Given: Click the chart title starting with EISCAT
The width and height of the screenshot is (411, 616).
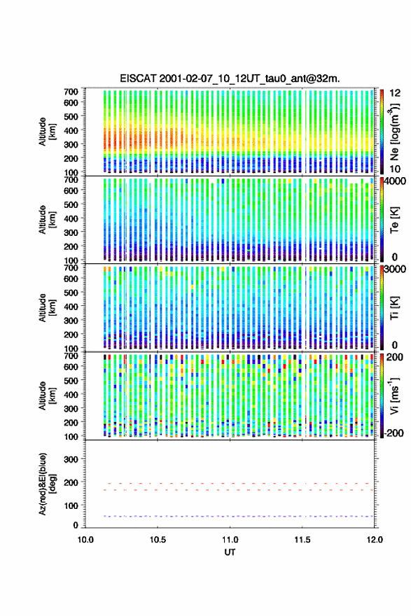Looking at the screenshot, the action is (230, 79).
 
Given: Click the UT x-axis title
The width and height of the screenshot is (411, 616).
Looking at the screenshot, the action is (230, 552).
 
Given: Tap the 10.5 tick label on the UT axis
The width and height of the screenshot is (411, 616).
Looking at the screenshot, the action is (158, 540).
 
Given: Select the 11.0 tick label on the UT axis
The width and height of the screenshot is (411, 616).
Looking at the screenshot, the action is (230, 540).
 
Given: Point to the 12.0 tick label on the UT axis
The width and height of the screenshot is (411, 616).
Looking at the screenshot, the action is (375, 540).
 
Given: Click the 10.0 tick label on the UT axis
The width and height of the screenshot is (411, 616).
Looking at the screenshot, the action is (85, 540).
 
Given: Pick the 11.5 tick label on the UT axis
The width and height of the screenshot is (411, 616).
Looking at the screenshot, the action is (302, 540).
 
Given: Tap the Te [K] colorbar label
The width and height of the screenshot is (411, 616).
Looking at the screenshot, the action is (394, 220).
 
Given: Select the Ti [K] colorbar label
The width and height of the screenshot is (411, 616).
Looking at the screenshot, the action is (394, 308).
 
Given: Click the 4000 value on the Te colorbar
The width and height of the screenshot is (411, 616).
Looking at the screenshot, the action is (395, 181).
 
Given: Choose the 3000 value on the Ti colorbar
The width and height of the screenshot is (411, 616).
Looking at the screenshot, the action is (395, 269).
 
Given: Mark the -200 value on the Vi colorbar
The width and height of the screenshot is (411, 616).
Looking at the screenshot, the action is (393, 433).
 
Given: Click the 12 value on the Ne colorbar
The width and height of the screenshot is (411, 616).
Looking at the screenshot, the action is (395, 93).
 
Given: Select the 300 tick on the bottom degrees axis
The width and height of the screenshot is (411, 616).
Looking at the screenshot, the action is (71, 459).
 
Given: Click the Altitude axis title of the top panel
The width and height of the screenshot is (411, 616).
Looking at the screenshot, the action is (48, 132).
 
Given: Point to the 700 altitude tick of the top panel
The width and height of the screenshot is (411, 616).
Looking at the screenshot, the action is (71, 92).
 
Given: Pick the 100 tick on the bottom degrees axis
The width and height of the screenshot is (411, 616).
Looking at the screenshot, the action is (71, 505).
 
